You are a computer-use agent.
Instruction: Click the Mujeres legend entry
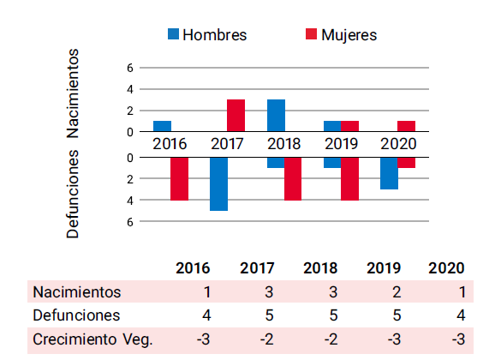[x=341, y=35]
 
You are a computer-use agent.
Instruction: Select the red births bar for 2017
[x=236, y=115]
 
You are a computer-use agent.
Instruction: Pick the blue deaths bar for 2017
[x=218, y=183]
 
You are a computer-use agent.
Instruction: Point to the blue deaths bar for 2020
[x=389, y=173]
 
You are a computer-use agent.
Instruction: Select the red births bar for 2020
[x=406, y=126]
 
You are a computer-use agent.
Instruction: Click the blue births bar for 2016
[x=162, y=126]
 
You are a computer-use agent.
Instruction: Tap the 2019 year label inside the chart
[x=341, y=143]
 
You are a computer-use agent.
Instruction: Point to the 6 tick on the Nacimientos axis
[x=129, y=68]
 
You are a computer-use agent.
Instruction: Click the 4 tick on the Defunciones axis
[x=129, y=201]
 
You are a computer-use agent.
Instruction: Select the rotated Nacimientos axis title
[x=74, y=93]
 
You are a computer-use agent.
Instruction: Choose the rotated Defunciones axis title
[x=74, y=194]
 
